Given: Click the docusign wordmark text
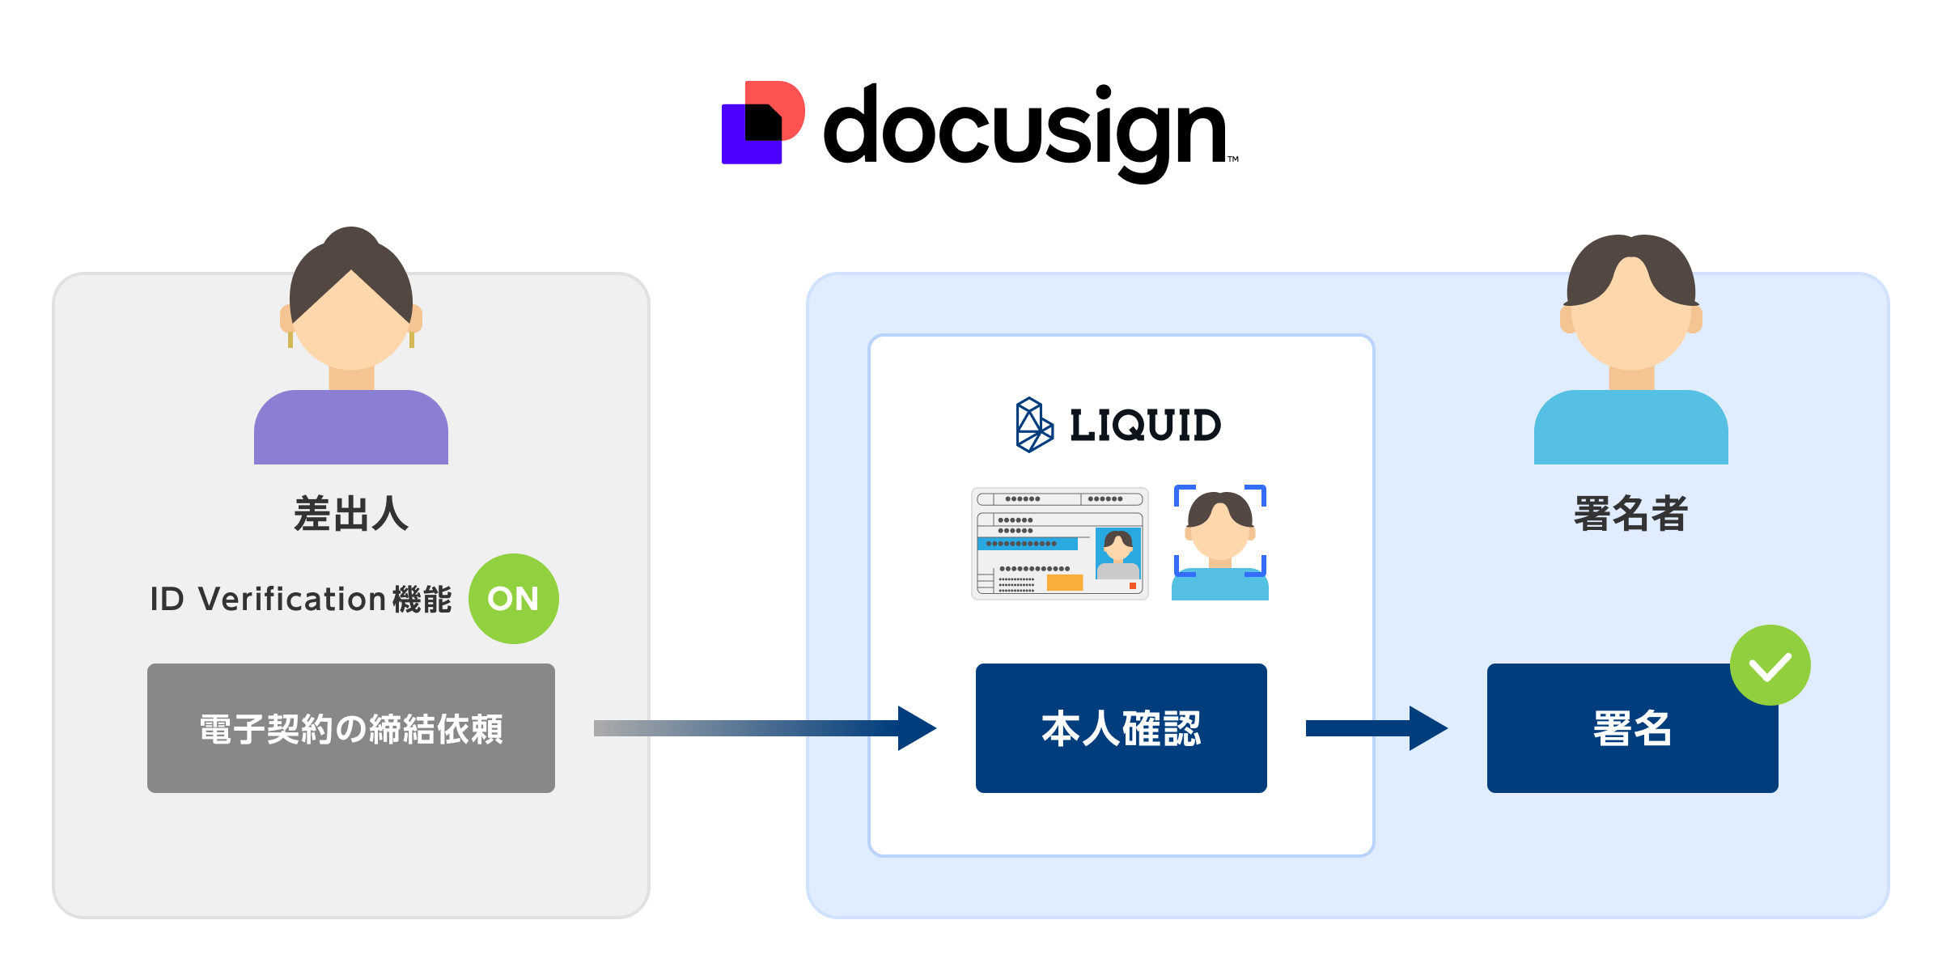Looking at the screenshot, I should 1024,129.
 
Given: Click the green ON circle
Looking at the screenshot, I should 513,599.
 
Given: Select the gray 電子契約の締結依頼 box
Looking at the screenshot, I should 350,728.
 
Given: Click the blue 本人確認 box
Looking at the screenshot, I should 1121,728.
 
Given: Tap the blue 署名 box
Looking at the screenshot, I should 1632,728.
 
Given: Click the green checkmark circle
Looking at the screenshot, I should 1770,665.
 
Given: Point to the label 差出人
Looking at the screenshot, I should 350,514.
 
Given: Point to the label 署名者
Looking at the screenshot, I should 1630,514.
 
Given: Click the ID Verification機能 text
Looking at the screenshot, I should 300,600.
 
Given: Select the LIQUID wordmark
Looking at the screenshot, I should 1145,426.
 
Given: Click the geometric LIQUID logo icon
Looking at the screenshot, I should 1033,425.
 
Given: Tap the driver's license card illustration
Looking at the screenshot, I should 1059,543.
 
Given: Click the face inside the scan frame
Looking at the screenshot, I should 1219,534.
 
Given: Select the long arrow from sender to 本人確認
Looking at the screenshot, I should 761,728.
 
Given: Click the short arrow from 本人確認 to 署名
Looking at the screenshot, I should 1376,728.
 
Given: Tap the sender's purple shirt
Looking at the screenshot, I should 350,429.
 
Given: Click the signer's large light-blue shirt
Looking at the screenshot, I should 1630,429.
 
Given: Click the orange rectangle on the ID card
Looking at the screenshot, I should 1064,583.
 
